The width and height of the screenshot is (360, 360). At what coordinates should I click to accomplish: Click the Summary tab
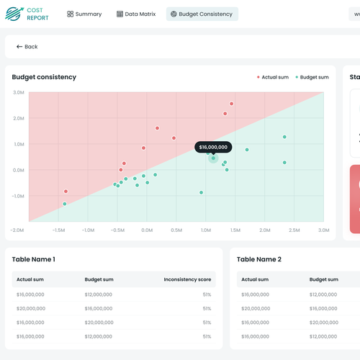(84, 14)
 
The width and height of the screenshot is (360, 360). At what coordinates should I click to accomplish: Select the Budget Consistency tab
(202, 14)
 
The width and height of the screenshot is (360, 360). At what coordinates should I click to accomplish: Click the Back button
(27, 46)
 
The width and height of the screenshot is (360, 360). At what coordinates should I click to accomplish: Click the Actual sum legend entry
(273, 77)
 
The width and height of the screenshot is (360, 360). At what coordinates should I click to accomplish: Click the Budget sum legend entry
(312, 77)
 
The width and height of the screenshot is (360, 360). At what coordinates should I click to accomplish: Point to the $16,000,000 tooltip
(213, 147)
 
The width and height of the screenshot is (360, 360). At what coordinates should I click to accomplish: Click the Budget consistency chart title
(45, 77)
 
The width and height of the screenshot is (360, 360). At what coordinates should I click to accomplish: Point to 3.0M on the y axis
(19, 93)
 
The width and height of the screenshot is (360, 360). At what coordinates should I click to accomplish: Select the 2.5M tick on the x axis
(294, 230)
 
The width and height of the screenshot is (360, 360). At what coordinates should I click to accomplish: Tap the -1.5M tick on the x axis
(59, 230)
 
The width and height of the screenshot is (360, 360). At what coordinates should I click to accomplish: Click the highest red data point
(231, 104)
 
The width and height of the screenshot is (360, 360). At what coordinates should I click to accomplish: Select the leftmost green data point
(65, 204)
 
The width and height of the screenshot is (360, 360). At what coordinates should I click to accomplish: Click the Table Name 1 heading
(34, 259)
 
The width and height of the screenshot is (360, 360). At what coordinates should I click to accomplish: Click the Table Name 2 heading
(259, 259)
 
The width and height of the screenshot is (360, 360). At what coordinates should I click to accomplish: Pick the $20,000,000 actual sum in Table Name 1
(30, 308)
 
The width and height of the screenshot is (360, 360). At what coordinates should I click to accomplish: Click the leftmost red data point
(66, 192)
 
